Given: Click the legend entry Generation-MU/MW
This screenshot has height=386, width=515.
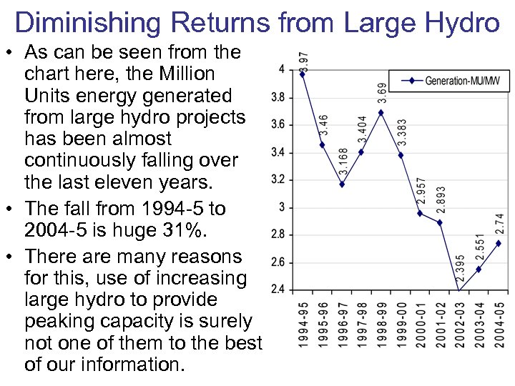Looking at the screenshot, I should [462, 81].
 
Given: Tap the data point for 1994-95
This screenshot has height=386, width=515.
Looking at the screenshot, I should [303, 73].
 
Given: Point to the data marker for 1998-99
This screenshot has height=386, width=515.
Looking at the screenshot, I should [381, 112].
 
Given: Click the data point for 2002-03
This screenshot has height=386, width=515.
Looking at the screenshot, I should [459, 290].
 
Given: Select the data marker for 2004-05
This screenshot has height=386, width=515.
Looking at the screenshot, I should [499, 243].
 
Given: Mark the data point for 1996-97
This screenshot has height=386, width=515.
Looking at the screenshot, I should [342, 184].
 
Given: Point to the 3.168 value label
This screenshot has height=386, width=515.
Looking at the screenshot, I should [344, 163].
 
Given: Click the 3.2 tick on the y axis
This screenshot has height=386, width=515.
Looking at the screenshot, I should [278, 179].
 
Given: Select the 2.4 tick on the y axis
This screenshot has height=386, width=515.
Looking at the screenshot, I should [278, 289].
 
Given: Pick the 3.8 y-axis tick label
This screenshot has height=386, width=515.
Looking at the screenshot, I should [278, 97].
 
